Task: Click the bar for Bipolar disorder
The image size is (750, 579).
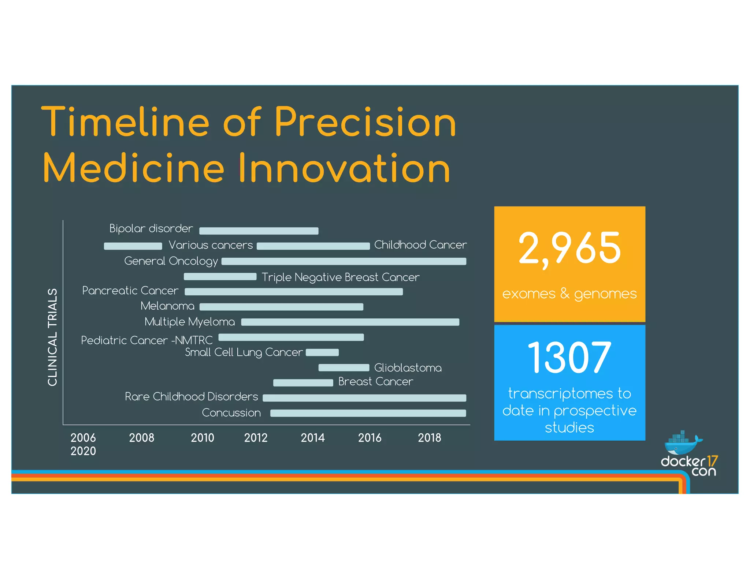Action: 259,231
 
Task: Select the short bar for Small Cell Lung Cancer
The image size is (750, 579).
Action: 322,352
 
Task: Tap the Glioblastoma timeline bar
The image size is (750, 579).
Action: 344,367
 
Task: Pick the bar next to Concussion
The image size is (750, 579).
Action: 368,413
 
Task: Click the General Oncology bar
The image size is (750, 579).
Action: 344,261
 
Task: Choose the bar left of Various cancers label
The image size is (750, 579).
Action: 133,246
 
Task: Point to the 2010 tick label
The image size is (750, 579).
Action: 202,438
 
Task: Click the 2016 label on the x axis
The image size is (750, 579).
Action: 370,438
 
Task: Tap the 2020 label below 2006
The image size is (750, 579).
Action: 83,451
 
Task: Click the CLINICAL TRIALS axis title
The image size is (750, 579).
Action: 53,337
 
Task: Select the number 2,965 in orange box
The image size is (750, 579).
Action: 569,249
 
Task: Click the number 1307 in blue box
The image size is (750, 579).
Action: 569,357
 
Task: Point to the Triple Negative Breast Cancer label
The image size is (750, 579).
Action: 340,277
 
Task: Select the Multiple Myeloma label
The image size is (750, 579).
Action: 190,322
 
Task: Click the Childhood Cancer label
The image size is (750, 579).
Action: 420,245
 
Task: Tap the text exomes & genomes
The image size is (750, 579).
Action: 569,294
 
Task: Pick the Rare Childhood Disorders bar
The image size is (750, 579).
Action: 364,398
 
